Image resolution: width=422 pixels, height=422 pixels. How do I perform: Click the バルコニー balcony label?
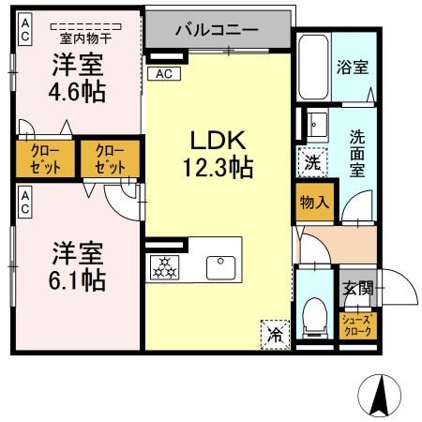click(217, 29)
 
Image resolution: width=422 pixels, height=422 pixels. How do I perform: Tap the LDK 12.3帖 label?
click(218, 155)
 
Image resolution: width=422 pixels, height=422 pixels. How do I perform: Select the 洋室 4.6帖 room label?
click(77, 79)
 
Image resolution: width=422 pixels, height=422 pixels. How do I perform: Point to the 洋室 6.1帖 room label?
click(77, 265)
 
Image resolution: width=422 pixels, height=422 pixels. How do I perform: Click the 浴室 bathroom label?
click(353, 68)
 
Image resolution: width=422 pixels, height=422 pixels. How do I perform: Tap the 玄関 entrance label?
click(357, 288)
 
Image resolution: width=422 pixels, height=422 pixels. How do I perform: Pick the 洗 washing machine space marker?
click(312, 161)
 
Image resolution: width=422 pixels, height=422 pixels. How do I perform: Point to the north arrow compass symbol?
click(381, 394)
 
